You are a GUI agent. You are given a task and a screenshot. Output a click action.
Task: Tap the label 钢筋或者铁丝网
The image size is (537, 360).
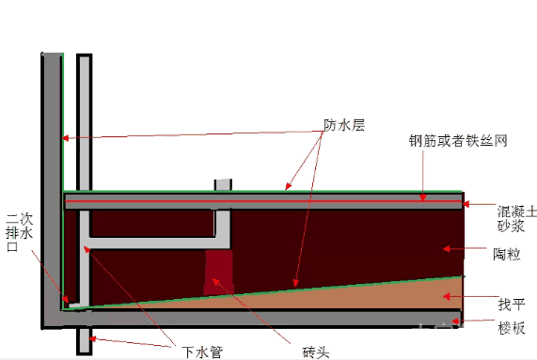(458, 142)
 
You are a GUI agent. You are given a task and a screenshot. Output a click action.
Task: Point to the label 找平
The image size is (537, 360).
(511, 303)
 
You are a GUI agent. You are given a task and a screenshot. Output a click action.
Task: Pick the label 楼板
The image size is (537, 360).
(511, 327)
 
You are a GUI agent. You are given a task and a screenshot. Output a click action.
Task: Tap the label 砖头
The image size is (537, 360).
(316, 352)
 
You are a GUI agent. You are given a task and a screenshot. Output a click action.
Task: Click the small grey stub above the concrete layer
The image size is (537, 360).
(223, 184)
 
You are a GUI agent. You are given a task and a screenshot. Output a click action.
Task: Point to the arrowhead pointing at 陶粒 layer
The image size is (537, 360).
(446, 249)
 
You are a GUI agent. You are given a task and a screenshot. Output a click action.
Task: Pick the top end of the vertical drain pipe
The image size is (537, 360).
(84, 59)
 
